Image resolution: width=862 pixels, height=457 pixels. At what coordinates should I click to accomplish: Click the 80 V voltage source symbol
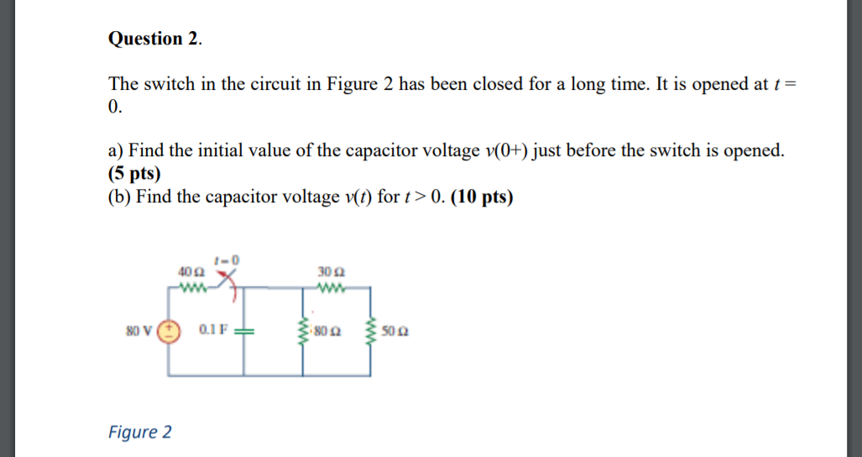coord(169,330)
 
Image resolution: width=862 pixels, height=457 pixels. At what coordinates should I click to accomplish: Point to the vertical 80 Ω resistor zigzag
coord(303,330)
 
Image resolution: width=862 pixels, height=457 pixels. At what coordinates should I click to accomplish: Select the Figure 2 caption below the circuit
coord(140,432)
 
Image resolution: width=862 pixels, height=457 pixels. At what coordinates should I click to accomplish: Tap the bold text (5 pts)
coord(134,173)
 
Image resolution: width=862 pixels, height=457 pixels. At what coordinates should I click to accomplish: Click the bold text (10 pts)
coord(483,197)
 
